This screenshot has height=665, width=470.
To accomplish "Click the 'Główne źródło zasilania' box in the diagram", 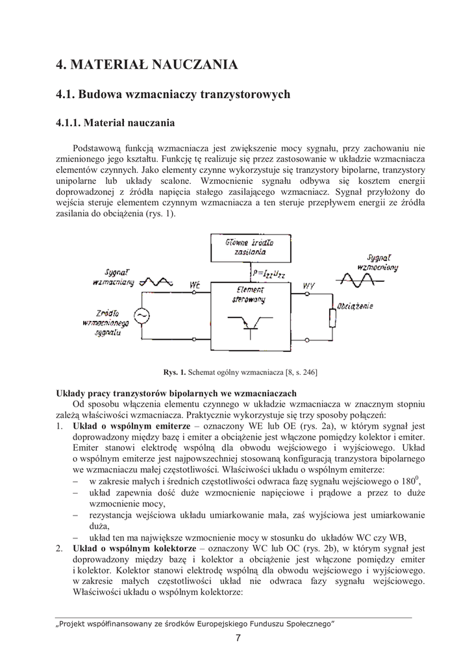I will click(249, 247).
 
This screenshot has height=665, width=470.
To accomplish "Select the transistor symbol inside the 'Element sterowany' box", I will click(252, 324).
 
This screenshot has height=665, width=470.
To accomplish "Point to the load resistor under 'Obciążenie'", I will click(333, 318).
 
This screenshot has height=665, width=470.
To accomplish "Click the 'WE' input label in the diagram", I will click(195, 286).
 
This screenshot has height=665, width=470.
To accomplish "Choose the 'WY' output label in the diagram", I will click(308, 286).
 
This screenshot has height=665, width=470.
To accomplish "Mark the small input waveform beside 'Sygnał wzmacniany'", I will click(158, 281).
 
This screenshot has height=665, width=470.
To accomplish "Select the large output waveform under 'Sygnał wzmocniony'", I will click(356, 280).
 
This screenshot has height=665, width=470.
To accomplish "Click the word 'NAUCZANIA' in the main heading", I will click(195, 64).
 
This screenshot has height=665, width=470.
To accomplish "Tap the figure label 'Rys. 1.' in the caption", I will click(174, 372).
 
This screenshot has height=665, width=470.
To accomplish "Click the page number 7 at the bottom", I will click(238, 638).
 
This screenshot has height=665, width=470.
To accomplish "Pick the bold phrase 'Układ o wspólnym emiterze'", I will click(122, 426).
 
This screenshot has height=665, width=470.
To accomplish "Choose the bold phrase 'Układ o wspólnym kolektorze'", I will click(125, 548).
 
